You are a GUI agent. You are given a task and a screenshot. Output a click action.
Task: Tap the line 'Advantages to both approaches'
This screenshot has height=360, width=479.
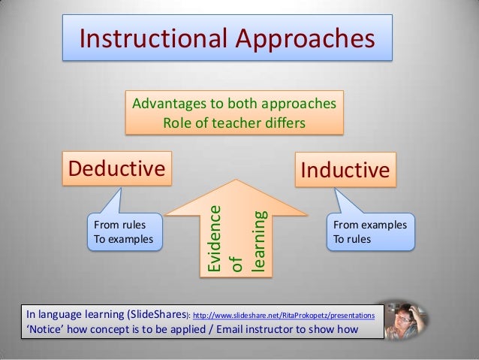pyautogui.click(x=234, y=103)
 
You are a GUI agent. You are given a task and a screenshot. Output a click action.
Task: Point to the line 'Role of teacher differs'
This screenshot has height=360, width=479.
pyautogui.click(x=234, y=121)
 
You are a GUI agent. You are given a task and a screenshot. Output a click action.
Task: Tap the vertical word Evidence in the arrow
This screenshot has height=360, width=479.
pyautogui.click(x=214, y=237)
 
